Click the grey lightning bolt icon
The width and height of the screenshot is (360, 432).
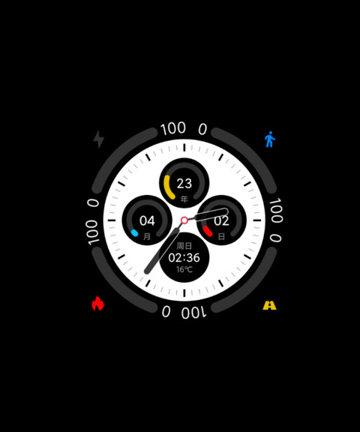point(99,139)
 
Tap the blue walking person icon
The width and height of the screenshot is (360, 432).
point(270,139)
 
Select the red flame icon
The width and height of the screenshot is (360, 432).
point(97,303)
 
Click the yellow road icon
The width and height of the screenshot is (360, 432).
point(269,305)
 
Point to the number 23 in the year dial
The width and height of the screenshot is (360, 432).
point(184,184)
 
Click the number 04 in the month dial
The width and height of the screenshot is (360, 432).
point(147,220)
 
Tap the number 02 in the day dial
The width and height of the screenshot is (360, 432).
point(221,221)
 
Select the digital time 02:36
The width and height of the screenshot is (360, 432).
point(184,258)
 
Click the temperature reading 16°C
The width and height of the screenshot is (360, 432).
point(184,269)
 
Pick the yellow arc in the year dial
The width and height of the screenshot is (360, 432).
point(168,187)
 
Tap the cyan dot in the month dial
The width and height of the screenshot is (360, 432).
point(134,233)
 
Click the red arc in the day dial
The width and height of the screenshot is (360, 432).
point(208,231)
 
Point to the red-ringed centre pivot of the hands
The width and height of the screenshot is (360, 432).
point(184,220)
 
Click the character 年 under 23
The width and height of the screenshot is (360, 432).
point(184,199)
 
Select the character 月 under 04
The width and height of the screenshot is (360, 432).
point(147,236)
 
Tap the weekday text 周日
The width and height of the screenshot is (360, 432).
point(184,246)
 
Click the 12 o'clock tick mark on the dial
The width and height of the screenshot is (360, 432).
point(184,148)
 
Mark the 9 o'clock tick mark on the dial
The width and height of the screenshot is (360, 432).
point(111,220)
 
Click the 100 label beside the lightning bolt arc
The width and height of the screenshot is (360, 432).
point(173,129)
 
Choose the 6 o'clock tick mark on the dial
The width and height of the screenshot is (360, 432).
point(184,293)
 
